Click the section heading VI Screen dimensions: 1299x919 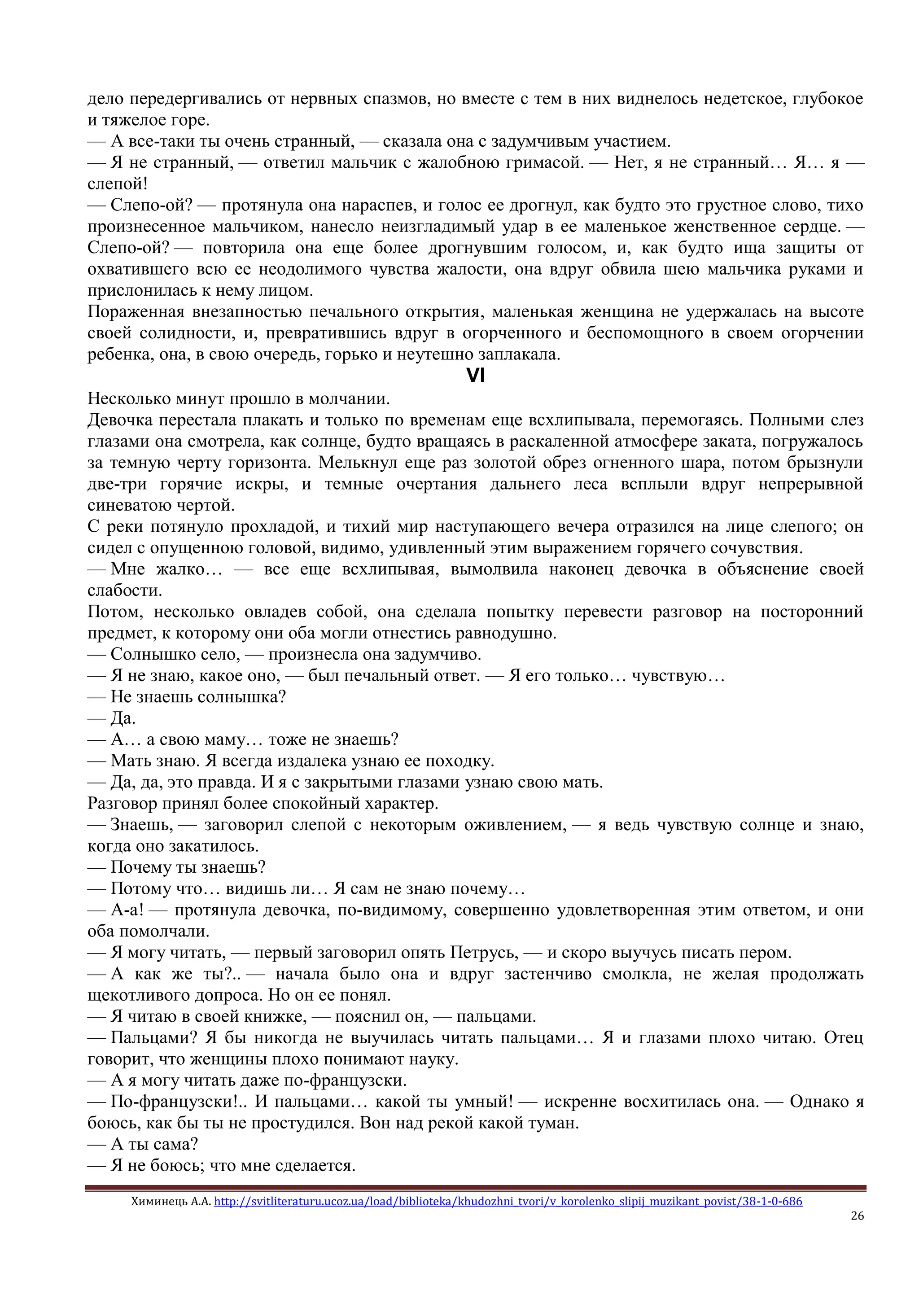click(475, 376)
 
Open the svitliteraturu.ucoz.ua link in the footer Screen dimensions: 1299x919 click(508, 1201)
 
